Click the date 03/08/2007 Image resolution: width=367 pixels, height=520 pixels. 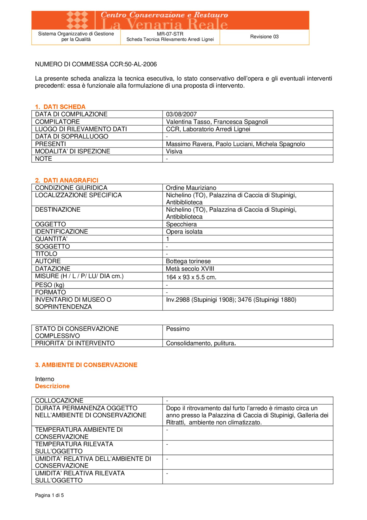[x=181, y=114]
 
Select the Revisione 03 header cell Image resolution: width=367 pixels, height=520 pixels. [x=264, y=37]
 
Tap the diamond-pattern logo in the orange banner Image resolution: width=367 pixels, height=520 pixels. [x=77, y=20]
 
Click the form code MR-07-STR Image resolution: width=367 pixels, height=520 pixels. [x=170, y=34]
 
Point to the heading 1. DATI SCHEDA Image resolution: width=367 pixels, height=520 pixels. [x=60, y=107]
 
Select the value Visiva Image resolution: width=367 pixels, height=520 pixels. [x=174, y=151]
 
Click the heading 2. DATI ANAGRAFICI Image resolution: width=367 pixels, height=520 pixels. [x=67, y=180]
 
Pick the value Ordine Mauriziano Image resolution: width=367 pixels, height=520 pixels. [x=191, y=188]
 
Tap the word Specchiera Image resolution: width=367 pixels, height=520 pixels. [x=181, y=224]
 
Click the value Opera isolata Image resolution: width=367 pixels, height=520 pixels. [x=184, y=232]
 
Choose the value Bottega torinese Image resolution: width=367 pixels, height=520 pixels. [x=188, y=261]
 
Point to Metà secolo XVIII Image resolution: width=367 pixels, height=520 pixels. [x=190, y=269]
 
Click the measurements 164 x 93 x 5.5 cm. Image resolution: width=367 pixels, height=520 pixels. [x=191, y=277]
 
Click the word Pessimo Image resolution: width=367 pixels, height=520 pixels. [x=178, y=329]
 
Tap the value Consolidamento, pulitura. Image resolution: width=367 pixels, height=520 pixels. [x=201, y=343]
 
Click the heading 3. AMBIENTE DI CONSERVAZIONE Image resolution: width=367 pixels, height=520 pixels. [x=86, y=365]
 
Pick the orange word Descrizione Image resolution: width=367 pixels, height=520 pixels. [x=52, y=386]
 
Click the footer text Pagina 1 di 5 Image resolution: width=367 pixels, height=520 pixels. [x=49, y=495]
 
